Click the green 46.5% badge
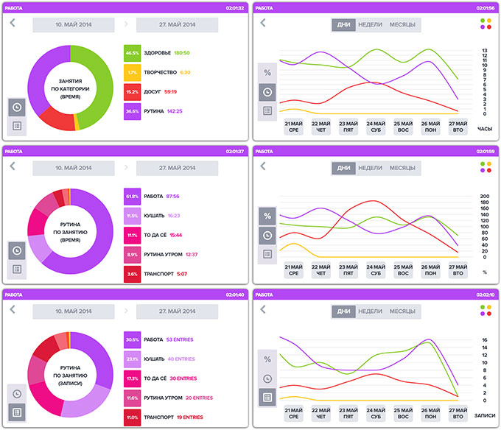coord(133,53)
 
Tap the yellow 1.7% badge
coord(133,73)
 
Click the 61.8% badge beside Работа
coord(133,197)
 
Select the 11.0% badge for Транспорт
coord(133,417)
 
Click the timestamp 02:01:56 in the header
coord(483,7)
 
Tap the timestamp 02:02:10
coord(483,295)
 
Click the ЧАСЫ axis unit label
coord(485,129)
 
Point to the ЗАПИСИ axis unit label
coord(486,415)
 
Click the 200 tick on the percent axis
coord(484,197)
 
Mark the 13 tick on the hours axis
coord(484,50)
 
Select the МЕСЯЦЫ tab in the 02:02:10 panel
coord(402,311)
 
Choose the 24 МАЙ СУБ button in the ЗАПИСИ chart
coord(375,412)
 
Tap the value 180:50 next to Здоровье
coord(182,53)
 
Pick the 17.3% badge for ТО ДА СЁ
coord(133,378)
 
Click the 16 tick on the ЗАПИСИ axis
coord(484,340)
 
